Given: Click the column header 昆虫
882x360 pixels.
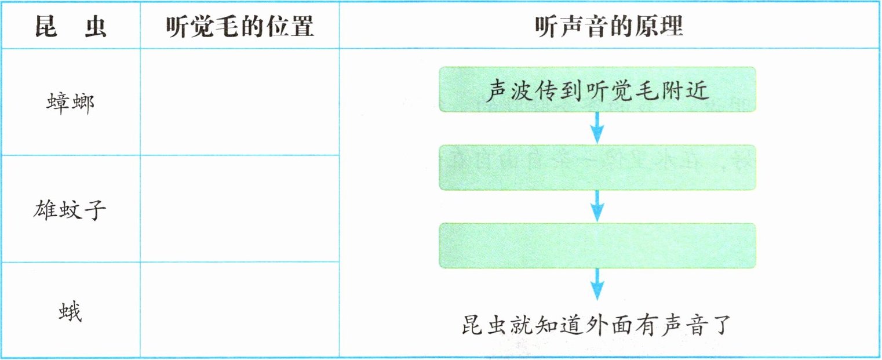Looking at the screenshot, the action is pyautogui.click(x=70, y=26).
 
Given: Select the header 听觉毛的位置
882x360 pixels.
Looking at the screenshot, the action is pyautogui.click(x=239, y=26).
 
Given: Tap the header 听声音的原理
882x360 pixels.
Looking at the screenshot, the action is pyautogui.click(x=608, y=26).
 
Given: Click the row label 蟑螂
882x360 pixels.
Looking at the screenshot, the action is pyautogui.click(x=70, y=103).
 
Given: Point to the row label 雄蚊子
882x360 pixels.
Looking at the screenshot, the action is pyautogui.click(x=70, y=209).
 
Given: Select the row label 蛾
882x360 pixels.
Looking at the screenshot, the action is pyautogui.click(x=70, y=313).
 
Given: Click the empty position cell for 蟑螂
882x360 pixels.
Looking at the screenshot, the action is pyautogui.click(x=239, y=102).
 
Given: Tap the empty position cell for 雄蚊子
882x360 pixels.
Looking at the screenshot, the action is pyautogui.click(x=239, y=209).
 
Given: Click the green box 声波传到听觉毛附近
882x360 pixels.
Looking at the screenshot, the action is pyautogui.click(x=597, y=90).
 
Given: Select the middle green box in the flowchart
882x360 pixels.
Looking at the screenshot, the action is pyautogui.click(x=597, y=168).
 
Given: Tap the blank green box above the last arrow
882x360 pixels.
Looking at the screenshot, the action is pyautogui.click(x=597, y=245).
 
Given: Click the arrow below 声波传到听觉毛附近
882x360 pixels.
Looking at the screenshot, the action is pyautogui.click(x=597, y=128).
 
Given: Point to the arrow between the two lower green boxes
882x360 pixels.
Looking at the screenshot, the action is pyautogui.click(x=597, y=206).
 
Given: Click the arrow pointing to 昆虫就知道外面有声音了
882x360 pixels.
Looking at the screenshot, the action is pyautogui.click(x=597, y=285).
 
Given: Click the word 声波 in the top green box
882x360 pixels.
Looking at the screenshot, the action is pyautogui.click(x=507, y=91).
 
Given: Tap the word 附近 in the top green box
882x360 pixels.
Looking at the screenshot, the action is pyautogui.click(x=687, y=91).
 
